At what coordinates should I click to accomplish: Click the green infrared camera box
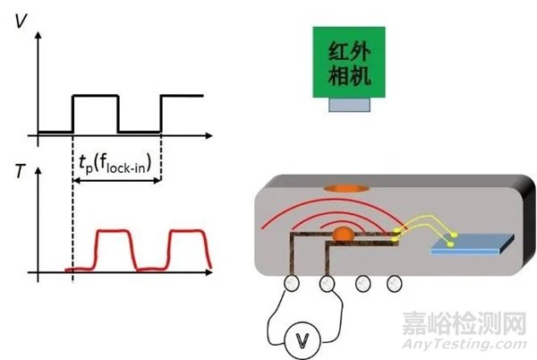349,62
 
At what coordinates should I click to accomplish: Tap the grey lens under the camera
349,105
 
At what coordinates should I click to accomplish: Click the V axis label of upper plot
21,21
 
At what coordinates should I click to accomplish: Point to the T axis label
21,171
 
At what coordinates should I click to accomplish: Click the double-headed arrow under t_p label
116,180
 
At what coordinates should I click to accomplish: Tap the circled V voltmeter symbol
303,340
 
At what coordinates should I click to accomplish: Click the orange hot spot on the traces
343,234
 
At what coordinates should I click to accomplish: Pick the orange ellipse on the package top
346,188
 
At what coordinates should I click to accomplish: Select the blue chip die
473,244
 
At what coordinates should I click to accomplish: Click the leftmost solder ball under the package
292,283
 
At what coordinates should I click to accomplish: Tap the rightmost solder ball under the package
394,283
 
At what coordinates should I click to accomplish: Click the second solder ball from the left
327,283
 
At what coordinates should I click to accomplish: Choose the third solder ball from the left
363,283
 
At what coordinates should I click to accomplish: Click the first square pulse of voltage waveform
95,96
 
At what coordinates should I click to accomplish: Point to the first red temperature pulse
114,230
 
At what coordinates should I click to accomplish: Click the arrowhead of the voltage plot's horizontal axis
209,135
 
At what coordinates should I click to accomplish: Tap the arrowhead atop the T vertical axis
38,170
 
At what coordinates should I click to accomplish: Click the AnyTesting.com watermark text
465,345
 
